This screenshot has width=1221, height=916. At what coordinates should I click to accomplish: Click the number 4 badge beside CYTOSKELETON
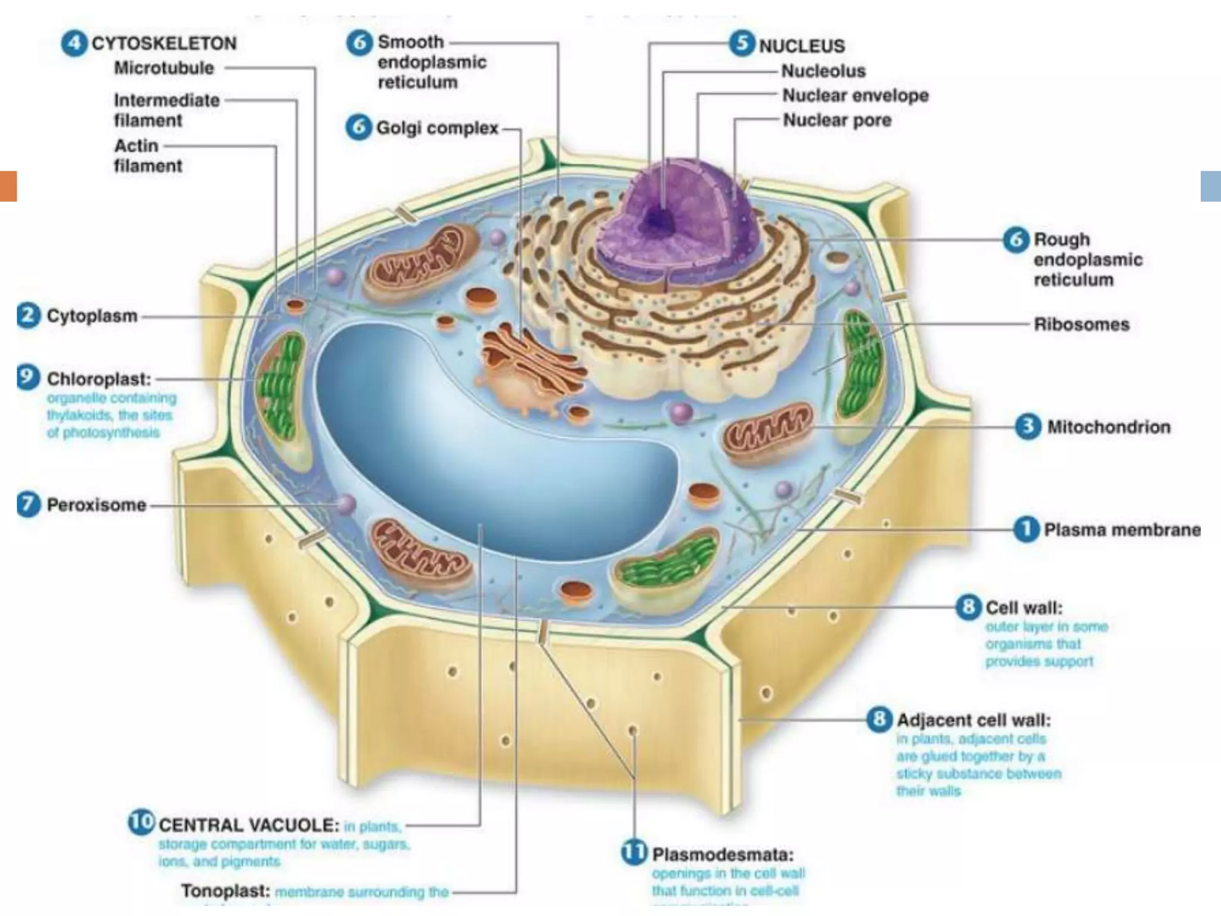click(73, 44)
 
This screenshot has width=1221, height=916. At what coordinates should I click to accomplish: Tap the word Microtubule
click(164, 68)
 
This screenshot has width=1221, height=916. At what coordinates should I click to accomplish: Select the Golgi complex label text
click(437, 128)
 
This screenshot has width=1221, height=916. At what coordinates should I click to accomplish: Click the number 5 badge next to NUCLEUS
click(742, 44)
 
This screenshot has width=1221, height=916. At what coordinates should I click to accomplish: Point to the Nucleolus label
click(823, 71)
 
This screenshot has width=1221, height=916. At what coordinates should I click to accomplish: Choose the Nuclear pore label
click(837, 120)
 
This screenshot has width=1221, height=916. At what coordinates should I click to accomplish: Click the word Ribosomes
click(1081, 324)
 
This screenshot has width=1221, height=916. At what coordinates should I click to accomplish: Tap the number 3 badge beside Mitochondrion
click(1028, 426)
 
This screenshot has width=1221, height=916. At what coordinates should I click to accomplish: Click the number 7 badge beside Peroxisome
click(28, 505)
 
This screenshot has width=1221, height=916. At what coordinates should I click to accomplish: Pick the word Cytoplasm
click(92, 315)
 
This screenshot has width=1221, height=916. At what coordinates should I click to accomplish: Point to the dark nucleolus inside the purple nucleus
click(661, 219)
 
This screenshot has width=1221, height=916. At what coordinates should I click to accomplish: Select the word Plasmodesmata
click(723, 855)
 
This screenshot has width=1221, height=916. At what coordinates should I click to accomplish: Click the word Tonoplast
click(225, 891)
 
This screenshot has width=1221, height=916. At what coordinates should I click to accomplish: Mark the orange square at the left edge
click(8, 186)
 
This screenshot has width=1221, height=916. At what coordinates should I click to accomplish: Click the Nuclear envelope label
click(856, 95)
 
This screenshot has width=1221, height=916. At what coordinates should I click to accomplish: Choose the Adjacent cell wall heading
click(974, 720)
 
